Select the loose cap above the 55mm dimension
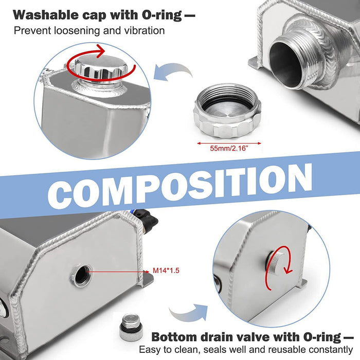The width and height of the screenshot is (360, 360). pos(228,112)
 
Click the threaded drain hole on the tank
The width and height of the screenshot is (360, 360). pos(82,276)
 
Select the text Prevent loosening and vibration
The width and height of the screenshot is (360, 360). pos(89,30)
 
